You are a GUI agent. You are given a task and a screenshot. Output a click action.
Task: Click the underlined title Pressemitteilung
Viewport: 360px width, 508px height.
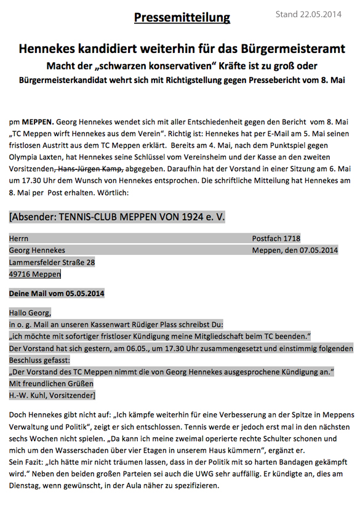pyautogui.click(x=182, y=17)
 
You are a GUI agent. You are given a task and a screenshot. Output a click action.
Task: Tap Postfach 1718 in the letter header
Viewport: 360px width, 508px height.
pyautogui.click(x=276, y=238)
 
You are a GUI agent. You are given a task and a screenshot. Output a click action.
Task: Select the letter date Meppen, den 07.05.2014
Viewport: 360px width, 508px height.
pyautogui.click(x=295, y=250)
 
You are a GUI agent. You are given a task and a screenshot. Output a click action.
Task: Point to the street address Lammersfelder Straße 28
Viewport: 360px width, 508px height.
pyautogui.click(x=52, y=262)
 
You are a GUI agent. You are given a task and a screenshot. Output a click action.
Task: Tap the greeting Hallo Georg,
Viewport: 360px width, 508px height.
pyautogui.click(x=31, y=313)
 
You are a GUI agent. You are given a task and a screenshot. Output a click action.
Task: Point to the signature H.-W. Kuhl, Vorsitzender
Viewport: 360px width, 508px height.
pyautogui.click(x=52, y=395)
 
